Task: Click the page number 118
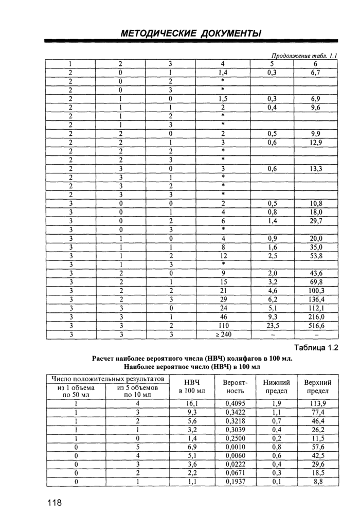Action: click(53, 502)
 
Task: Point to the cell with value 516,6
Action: click(315, 326)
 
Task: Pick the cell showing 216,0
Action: click(315, 317)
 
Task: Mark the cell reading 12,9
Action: click(315, 142)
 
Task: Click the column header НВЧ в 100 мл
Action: click(191, 387)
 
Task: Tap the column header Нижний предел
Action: click(277, 387)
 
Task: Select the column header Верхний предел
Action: click(317, 387)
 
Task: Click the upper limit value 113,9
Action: click(317, 403)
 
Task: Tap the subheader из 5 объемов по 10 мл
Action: click(137, 391)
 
